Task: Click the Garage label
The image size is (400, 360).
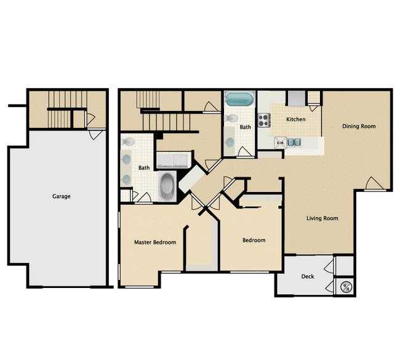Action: pos(61,196)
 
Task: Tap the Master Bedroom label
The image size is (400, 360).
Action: pos(155,242)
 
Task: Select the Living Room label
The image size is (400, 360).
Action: pos(322,218)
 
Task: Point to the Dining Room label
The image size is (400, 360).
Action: pos(359,126)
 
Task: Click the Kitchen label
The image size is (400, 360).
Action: pos(295,119)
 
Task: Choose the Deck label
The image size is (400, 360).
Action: pos(308,276)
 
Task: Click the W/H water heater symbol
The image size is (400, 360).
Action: pos(346,287)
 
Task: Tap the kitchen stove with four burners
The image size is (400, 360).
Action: pos(264,120)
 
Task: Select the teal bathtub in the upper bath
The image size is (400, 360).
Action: pos(239,99)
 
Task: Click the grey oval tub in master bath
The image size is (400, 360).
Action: pos(167,186)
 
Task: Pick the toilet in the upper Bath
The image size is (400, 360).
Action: pos(231,118)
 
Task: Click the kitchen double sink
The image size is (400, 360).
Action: pos(294,142)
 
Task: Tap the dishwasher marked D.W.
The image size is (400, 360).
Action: pos(281,143)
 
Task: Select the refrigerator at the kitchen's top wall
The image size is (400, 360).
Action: pos(297,98)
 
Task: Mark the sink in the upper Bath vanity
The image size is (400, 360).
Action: pos(230,142)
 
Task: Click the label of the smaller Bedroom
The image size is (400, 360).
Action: pos(254,240)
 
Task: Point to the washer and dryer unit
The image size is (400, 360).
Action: pos(173,160)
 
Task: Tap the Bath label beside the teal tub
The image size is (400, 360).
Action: pos(245,127)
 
